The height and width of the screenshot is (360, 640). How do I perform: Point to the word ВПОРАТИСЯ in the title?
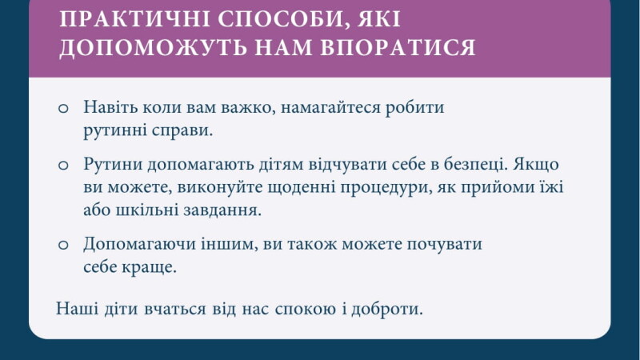pyautogui.click(x=398, y=47)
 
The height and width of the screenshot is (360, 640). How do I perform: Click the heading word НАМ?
pyautogui.click(x=283, y=47)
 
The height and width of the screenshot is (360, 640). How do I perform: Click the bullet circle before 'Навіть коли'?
pyautogui.click(x=63, y=108)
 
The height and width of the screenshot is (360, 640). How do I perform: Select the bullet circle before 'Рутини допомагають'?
pyautogui.click(x=63, y=165)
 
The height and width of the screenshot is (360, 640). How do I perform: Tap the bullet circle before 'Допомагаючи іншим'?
pyautogui.click(x=63, y=245)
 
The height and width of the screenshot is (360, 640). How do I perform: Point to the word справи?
pyautogui.click(x=182, y=131)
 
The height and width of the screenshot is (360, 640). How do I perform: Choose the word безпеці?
pyautogui.click(x=475, y=164)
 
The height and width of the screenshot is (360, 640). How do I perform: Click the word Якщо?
pyautogui.click(x=536, y=164)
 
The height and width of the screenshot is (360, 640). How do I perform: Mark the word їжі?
pyautogui.click(x=553, y=187)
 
